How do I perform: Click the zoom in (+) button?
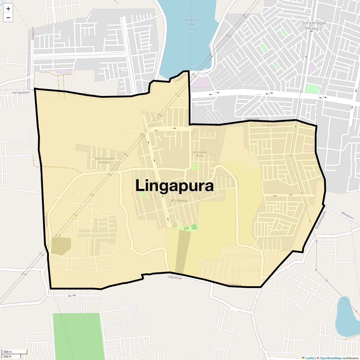point(8,9)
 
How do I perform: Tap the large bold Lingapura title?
point(174,186)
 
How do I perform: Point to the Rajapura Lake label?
point(191,22)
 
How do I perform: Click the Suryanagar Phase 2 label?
point(313,25)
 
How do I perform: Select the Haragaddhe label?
point(21,93)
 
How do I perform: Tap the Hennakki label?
point(252,119)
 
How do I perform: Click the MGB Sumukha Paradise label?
point(103,160)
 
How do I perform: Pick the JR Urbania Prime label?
point(200,154)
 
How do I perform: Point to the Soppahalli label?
point(175,277)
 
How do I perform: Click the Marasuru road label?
point(347,215)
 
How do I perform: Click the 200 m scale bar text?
point(8,352)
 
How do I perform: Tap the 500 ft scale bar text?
point(7,357)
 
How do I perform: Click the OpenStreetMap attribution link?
point(330,358)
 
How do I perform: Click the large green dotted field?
point(76,336)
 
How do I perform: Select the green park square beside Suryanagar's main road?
point(313,89)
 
